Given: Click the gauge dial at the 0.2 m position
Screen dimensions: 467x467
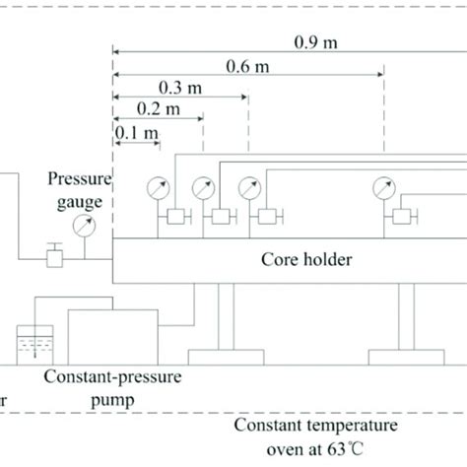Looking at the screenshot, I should coord(203,185).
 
